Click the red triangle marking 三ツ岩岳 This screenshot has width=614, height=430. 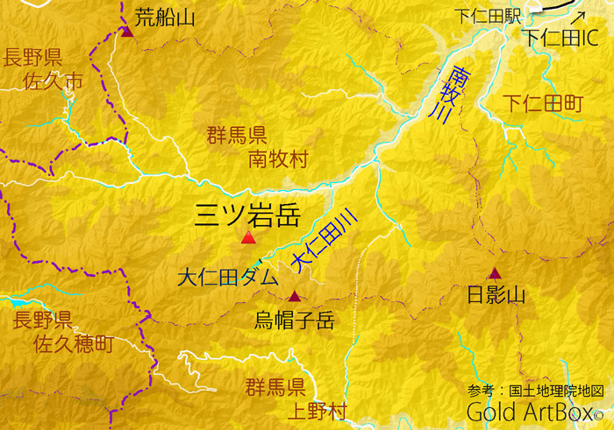coord(248,238)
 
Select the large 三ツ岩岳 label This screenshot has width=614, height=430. coord(247,213)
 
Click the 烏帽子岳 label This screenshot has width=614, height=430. coord(295,320)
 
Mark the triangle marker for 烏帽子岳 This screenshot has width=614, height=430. coord(295,296)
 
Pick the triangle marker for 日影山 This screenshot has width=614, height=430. coord(495,273)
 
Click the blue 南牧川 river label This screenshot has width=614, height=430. coord(453,95)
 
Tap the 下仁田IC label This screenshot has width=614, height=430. coord(560,38)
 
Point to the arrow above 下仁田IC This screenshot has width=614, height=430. coord(577,17)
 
